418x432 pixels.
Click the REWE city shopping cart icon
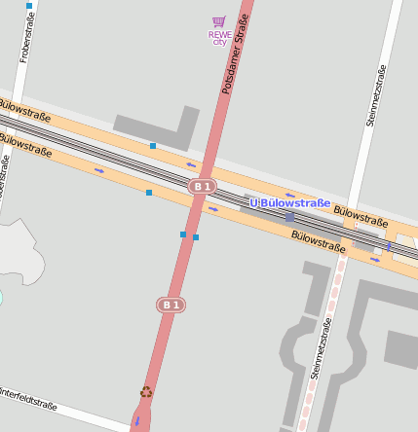pyautogui.click(x=218, y=21)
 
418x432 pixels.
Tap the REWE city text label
pyautogui.click(x=219, y=37)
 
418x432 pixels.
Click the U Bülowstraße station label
pyautogui.click(x=290, y=202)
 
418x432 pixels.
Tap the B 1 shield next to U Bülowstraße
pyautogui.click(x=202, y=186)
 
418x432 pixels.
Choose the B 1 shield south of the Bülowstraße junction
pyautogui.click(x=171, y=305)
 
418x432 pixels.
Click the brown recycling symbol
pyautogui.click(x=146, y=392)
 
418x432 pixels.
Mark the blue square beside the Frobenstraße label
pyautogui.click(x=29, y=6)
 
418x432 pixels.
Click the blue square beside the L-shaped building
pyautogui.click(x=153, y=146)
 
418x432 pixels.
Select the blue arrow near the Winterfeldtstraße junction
pyautogui.click(x=136, y=420)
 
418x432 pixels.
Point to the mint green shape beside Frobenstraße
pyautogui.click(x=1, y=296)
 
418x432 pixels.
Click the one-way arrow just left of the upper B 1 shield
pyautogui.click(x=192, y=164)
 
